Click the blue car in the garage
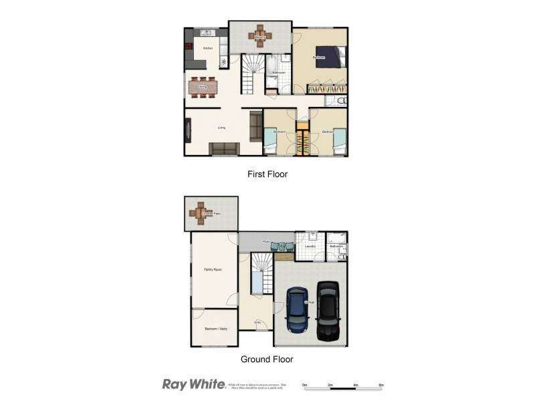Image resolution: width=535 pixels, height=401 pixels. tap(297, 310)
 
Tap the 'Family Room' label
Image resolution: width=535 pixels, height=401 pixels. tap(213, 269)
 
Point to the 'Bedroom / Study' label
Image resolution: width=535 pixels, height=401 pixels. tap(214, 329)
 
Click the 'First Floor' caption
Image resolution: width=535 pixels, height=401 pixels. tap(267, 174)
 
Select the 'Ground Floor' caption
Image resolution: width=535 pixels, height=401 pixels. tap(267, 359)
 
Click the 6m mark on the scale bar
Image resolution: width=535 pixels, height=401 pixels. tap(381, 386)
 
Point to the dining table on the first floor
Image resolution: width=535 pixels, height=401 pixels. tap(203, 87)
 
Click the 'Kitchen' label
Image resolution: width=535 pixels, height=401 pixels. tap(207, 49)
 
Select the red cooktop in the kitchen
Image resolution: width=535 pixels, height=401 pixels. tap(189, 47)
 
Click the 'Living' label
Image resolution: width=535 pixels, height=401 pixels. tap(221, 128)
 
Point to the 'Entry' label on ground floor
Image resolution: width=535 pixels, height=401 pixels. tap(257, 322)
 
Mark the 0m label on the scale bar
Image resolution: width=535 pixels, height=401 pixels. tap(304, 386)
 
